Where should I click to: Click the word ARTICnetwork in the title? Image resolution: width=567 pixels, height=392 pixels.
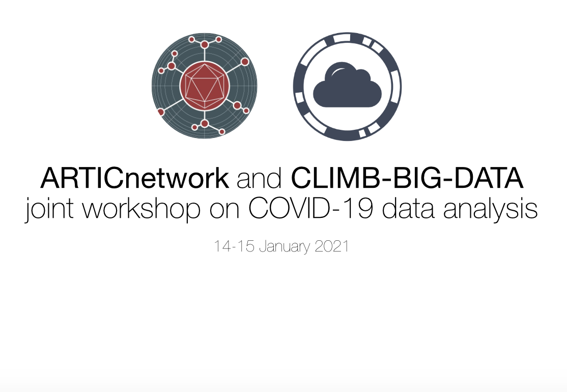pos(134,178)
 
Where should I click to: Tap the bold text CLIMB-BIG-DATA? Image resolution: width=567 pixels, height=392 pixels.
pos(407,178)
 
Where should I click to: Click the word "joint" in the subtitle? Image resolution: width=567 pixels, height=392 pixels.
pos(49,209)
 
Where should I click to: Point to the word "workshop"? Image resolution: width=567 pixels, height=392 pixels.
pos(141,209)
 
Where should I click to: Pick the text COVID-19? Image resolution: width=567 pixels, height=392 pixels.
pos(310,209)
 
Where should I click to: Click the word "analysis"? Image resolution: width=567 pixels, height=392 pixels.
pos(491,209)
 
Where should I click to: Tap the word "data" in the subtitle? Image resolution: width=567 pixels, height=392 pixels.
pos(408,209)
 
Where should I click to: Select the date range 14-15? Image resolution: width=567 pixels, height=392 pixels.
pos(234,246)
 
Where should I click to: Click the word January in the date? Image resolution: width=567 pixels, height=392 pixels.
pos(285,246)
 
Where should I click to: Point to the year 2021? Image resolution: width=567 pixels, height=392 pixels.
pos(331,246)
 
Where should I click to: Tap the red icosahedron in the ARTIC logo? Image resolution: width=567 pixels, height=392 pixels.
pos(204,86)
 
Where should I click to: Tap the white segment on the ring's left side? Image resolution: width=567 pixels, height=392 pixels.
pos(299,98)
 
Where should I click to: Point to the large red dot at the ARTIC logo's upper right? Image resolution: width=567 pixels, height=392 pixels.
pos(245,62)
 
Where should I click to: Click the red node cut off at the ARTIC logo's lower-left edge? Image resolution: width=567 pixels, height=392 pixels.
pos(161,112)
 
